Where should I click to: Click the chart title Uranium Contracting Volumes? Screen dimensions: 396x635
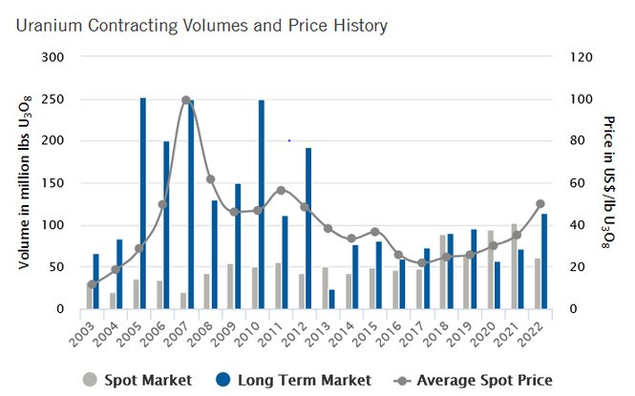tap(201, 25)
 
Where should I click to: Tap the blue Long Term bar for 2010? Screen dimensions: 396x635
tap(261, 204)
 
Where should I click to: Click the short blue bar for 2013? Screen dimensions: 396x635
tap(331, 299)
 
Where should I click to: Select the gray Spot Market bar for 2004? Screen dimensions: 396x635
tap(113, 301)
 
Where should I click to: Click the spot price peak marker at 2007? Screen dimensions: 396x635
tap(186, 100)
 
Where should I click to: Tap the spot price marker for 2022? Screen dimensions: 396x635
tap(540, 204)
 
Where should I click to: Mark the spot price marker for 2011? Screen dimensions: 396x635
tap(281, 190)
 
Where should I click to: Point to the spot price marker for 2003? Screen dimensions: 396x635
tap(92, 284)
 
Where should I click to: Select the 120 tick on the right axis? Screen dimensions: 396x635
tap(581, 57)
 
